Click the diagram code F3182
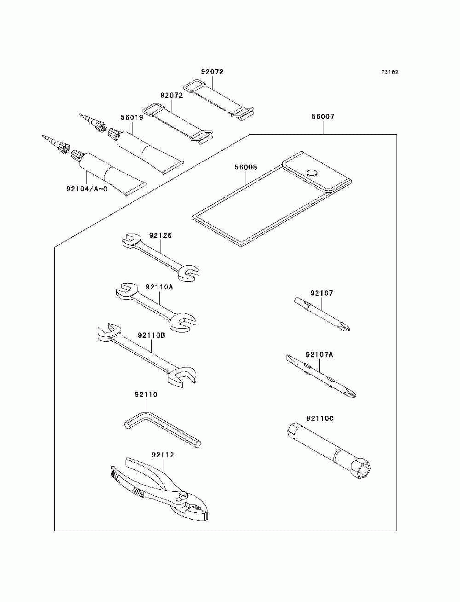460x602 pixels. (x=389, y=72)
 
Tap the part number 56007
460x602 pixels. (x=323, y=116)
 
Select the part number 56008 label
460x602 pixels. (x=246, y=167)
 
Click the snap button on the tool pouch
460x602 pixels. (x=312, y=172)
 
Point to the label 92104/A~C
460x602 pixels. (x=87, y=189)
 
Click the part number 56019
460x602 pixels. (x=132, y=117)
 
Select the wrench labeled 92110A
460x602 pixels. (x=155, y=307)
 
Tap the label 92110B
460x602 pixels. (x=151, y=335)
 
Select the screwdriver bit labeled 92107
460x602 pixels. (x=322, y=314)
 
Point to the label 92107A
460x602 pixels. (x=320, y=355)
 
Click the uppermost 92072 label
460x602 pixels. (x=213, y=72)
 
